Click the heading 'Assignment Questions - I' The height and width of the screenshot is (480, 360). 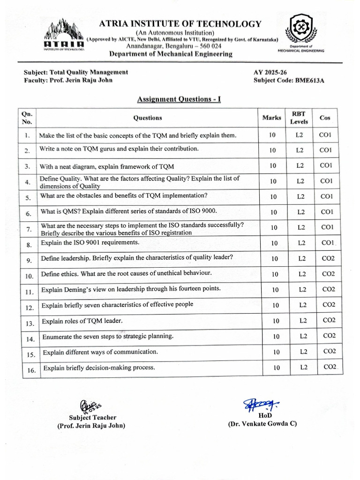point(179,99)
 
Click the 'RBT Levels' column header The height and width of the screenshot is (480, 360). point(299,118)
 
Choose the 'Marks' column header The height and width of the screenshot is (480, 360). point(272,118)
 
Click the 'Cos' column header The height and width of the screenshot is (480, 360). point(325,118)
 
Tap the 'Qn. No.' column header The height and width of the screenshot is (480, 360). point(26,118)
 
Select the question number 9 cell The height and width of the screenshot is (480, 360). point(28,260)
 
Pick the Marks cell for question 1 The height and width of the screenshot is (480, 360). point(272,135)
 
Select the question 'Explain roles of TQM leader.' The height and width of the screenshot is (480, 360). point(82,321)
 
